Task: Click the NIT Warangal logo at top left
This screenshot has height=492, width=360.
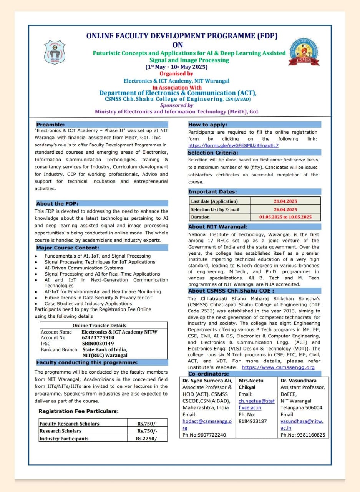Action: point(55,52)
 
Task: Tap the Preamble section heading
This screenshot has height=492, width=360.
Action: point(50,125)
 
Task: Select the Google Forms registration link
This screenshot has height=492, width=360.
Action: point(233,145)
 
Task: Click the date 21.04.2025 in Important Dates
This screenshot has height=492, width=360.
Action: point(285,201)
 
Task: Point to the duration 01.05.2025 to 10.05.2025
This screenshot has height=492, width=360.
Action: point(285,217)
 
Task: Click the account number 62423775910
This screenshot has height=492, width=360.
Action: point(98,337)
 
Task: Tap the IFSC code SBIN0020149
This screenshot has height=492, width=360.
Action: point(98,343)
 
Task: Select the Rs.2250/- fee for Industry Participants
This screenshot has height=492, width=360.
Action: point(147,439)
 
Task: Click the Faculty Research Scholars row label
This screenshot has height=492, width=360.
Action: point(69,424)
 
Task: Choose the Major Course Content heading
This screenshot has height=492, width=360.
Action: point(68,248)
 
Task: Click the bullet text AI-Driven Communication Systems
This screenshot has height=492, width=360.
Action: point(84,268)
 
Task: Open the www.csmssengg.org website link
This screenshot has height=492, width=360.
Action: point(278,367)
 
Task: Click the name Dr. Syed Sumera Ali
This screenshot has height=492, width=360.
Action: point(207,381)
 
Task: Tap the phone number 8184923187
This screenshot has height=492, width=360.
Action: point(252,421)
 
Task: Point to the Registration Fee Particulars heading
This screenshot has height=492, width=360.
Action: point(78,411)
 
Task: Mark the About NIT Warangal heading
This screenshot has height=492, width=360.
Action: point(218,227)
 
